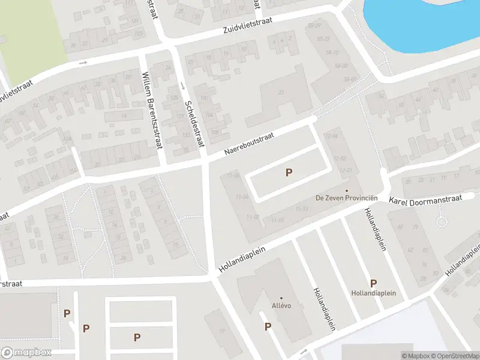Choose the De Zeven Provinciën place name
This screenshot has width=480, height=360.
tap(346, 198)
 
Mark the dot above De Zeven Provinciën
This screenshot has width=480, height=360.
tap(346, 191)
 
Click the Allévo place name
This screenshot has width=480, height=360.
tap(281, 305)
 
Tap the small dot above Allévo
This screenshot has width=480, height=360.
tap(281, 298)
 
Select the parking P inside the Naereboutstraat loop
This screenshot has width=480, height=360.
tap(289, 173)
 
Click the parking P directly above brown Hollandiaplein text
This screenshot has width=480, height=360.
tap(373, 283)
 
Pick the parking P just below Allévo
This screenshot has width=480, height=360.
tap(268, 327)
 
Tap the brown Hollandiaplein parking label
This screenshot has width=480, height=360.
tap(373, 293)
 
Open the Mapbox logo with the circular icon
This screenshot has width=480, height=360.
tap(26, 353)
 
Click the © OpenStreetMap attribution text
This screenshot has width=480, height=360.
tap(454, 356)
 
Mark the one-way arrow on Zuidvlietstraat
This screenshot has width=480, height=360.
tap(83, 62)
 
